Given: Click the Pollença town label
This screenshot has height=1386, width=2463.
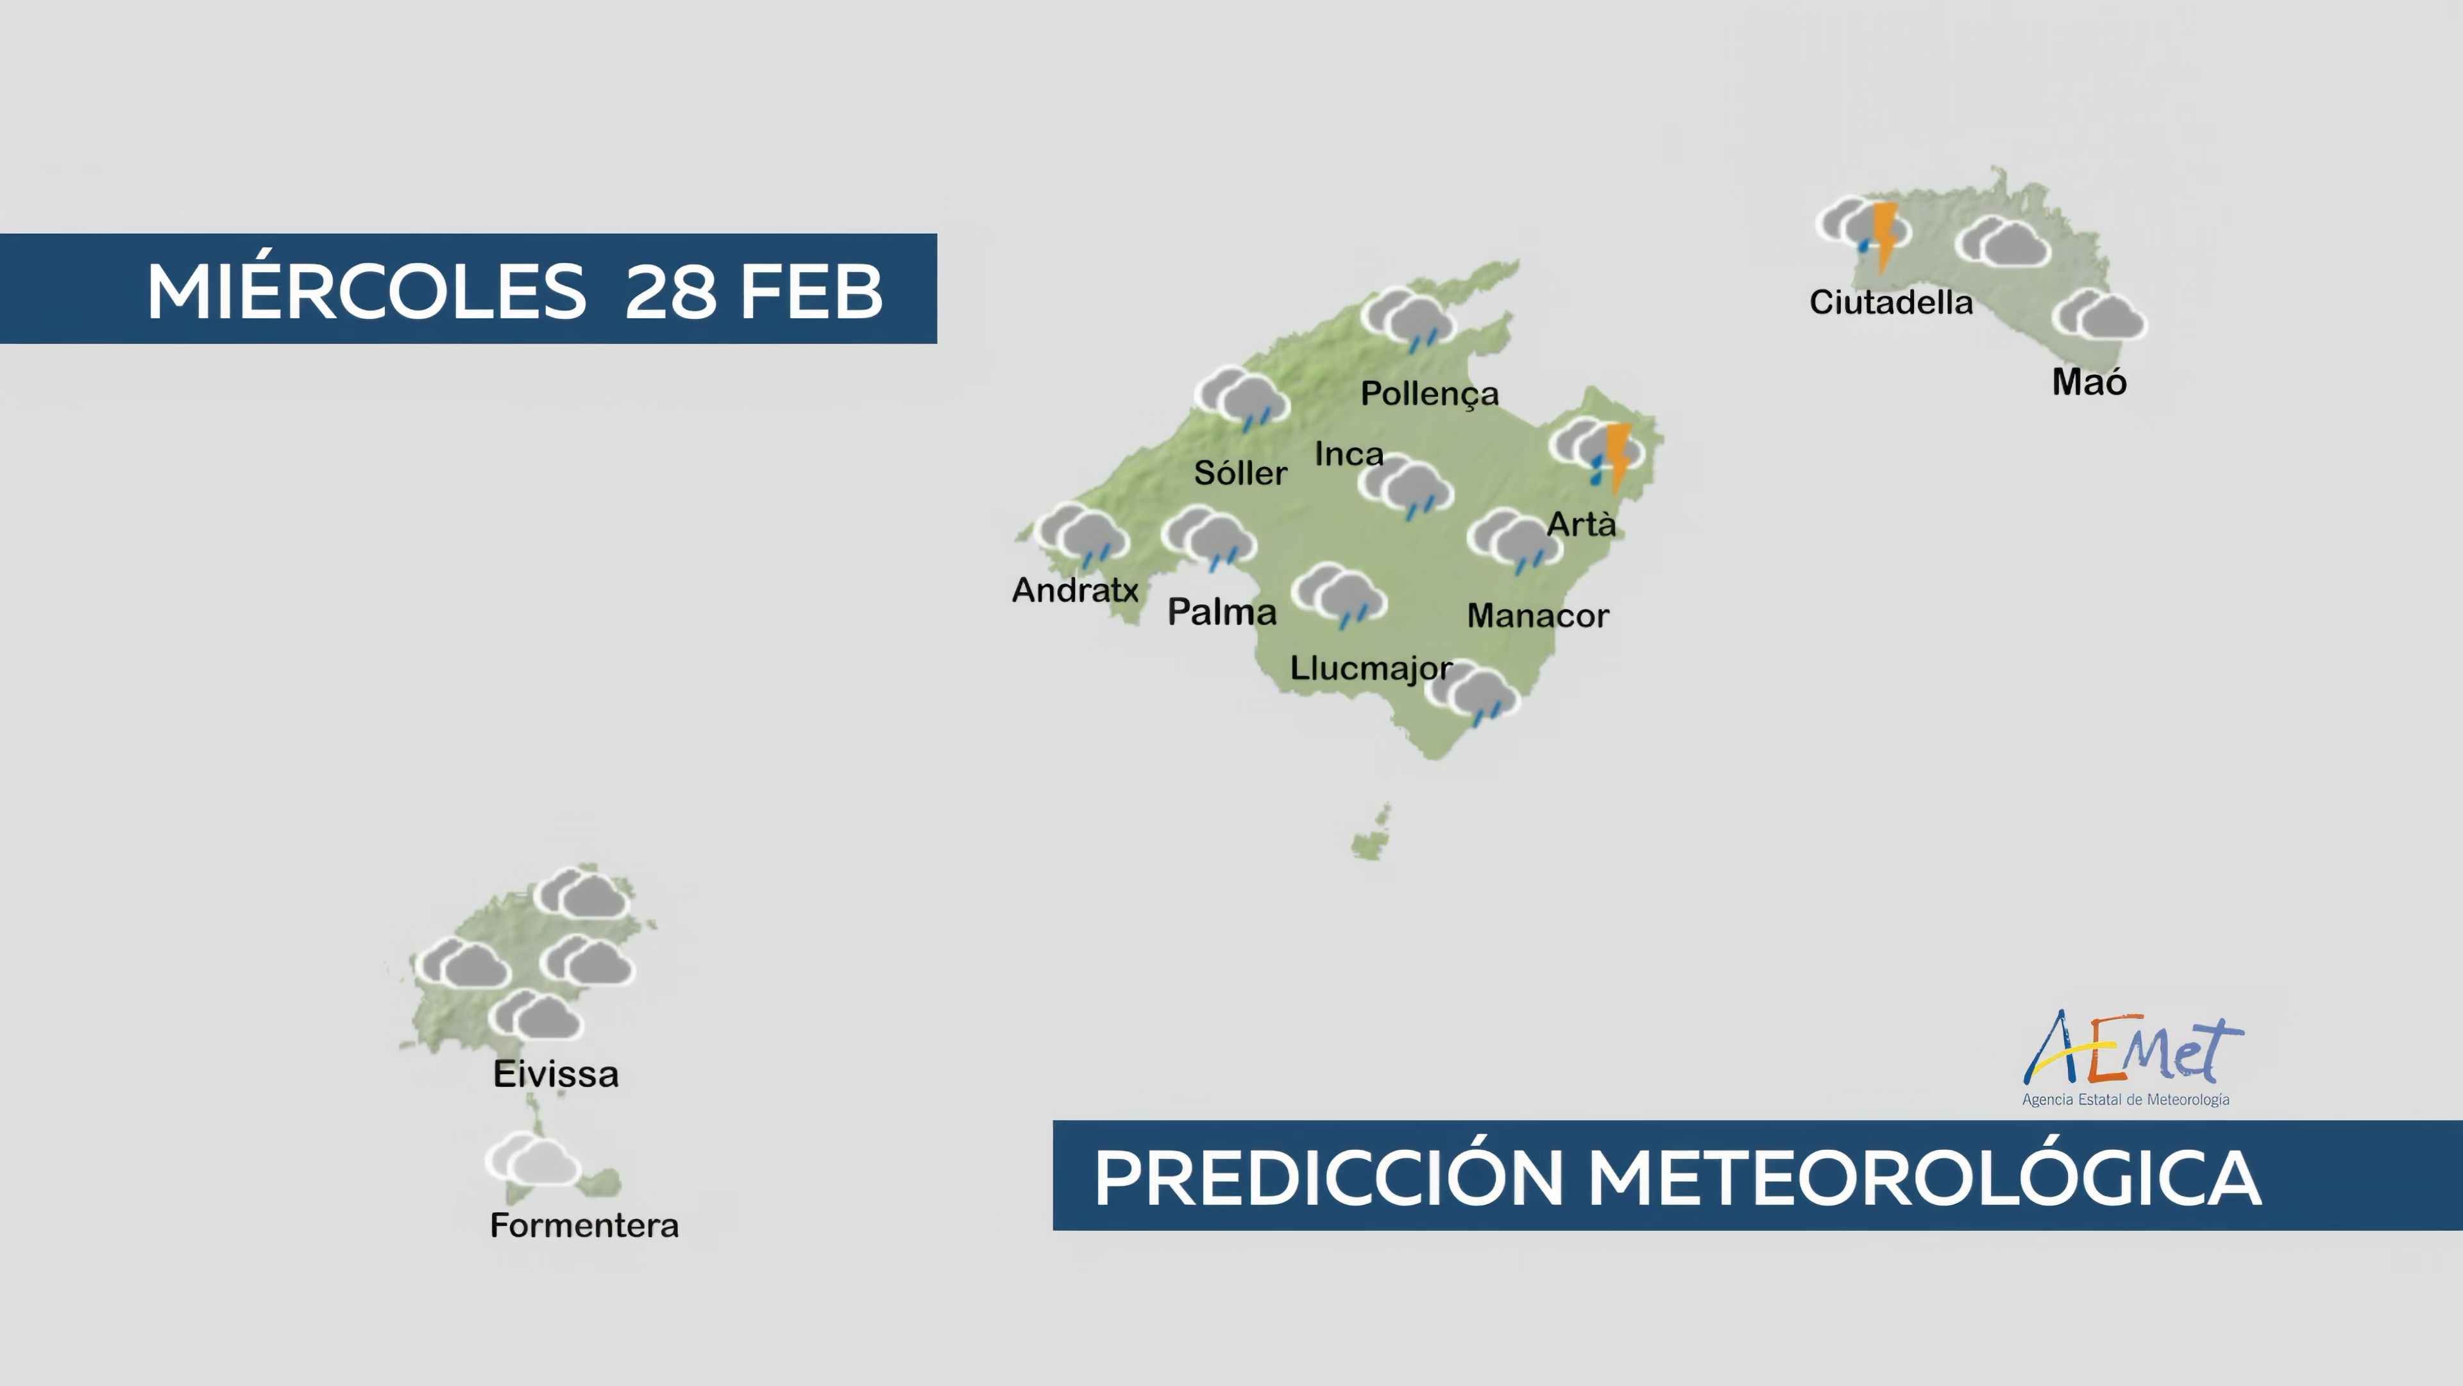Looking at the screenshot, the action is tap(1430, 394).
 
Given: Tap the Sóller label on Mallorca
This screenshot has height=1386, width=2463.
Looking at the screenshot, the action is tap(1240, 472).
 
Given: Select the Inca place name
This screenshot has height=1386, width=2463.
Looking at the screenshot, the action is tap(1349, 454).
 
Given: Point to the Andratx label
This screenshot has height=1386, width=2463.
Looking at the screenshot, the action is tap(1075, 590).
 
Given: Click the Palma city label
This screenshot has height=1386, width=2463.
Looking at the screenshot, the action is tap(1222, 612).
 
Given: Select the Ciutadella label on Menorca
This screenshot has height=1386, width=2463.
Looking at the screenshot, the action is tap(1890, 302).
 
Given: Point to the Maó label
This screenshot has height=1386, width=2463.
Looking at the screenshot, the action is tap(2089, 382).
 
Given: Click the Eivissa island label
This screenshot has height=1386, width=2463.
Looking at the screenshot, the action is tap(555, 1074).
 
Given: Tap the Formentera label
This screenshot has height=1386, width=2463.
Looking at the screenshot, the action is tap(584, 1226).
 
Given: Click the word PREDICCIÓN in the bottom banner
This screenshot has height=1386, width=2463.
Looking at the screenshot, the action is tap(1329, 1177).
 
